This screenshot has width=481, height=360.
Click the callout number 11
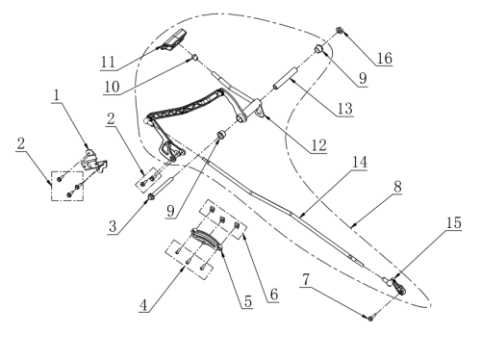point(108,62)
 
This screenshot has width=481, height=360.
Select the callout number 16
point(385,59)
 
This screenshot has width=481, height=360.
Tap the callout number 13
point(345,109)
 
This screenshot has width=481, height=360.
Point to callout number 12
point(318,145)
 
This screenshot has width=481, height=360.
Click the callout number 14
point(360,162)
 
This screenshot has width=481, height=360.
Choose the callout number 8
point(397,187)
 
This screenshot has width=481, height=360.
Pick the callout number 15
point(454,222)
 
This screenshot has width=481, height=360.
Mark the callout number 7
point(306,279)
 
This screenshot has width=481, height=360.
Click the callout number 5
point(248,301)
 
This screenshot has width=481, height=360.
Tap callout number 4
point(143,305)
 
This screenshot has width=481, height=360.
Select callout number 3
point(113,226)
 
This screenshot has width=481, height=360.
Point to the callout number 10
point(112,87)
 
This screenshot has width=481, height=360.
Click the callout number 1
point(57,95)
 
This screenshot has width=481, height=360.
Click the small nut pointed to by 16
point(339,31)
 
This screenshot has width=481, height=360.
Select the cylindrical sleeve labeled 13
point(285,78)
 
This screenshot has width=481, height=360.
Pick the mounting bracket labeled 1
point(94,162)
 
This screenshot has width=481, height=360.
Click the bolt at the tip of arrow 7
point(370,318)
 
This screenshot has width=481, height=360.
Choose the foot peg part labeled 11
point(174,39)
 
